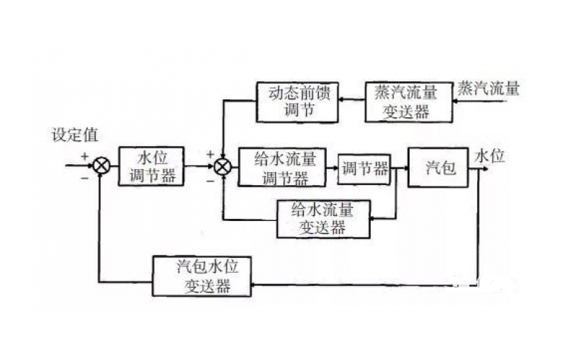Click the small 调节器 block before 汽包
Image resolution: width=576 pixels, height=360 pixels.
click(x=364, y=168)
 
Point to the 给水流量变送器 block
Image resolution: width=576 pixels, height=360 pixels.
click(x=322, y=219)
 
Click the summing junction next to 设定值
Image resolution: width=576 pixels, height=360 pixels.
click(x=102, y=167)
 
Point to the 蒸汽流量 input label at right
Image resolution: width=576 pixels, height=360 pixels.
click(x=488, y=89)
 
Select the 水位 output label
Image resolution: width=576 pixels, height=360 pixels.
click(x=490, y=154)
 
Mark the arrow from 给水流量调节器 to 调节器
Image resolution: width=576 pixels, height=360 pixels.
click(x=332, y=167)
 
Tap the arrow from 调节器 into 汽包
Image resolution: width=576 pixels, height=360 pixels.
click(x=400, y=167)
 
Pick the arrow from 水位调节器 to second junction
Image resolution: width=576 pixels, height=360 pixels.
click(x=199, y=167)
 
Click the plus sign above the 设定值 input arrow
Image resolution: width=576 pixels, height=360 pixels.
click(x=84, y=155)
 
